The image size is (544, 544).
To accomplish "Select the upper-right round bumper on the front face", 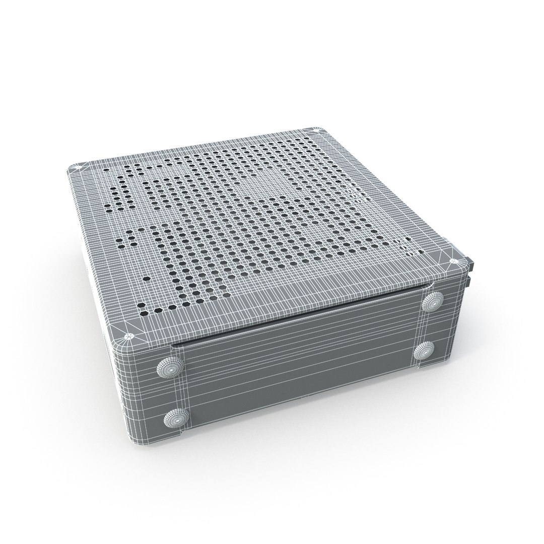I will [x=433, y=303].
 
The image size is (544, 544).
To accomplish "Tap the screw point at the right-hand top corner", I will [x=452, y=261].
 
